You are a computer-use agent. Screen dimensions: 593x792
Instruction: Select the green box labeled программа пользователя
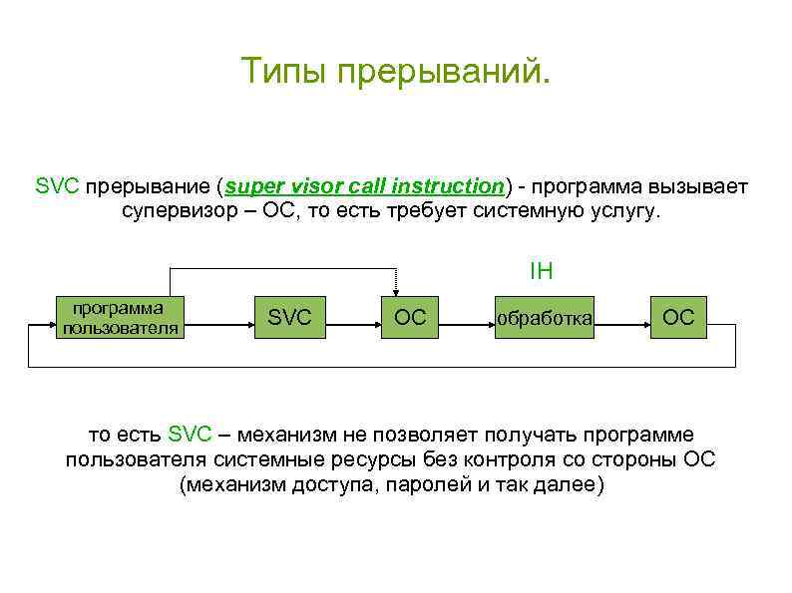click(x=120, y=317)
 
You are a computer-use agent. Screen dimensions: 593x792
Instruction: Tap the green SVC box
click(x=289, y=318)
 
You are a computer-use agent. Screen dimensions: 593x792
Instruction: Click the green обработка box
click(x=545, y=318)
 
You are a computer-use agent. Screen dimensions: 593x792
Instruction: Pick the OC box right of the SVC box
click(x=410, y=318)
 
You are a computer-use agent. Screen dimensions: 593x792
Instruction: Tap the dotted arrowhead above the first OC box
click(x=396, y=290)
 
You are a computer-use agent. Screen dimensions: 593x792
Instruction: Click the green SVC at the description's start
click(x=56, y=186)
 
